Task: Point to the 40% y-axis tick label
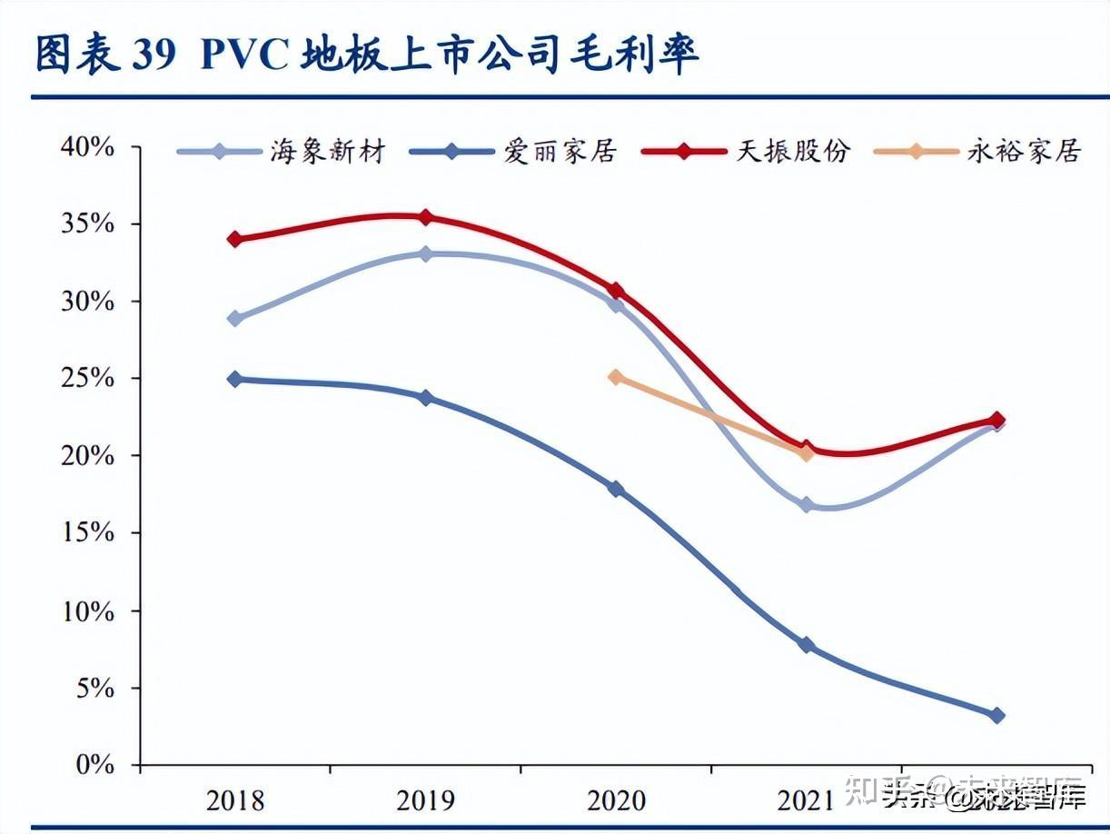point(88,147)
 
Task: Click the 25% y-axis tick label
point(88,379)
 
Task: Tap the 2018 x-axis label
point(235,800)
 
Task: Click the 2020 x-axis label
point(616,800)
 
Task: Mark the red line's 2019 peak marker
point(425,217)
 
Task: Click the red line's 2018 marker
point(235,239)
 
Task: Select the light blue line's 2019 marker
point(425,254)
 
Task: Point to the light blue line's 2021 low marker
point(806,504)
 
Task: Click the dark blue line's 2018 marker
point(235,379)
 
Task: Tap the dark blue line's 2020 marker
point(616,489)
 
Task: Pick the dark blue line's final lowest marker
point(996,716)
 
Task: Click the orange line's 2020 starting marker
point(616,377)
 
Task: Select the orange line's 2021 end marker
point(806,453)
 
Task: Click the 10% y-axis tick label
point(88,611)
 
